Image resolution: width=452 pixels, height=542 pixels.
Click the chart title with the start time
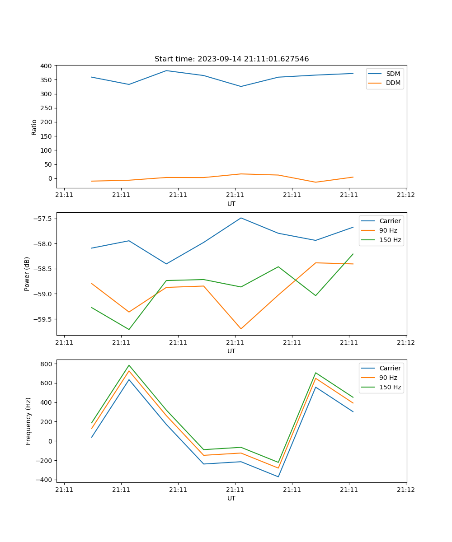coord(231,59)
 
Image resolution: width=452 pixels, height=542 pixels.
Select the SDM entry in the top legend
coord(393,74)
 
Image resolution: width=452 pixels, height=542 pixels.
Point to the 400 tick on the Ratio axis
coord(47,66)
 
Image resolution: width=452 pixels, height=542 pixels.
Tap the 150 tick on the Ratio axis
coord(47,136)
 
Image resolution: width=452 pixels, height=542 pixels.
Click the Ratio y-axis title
coord(34,127)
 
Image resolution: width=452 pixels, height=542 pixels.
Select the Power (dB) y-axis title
coord(27,274)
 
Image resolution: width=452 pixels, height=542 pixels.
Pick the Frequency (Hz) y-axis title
coord(28,421)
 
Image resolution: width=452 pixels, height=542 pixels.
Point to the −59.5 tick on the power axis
coord(43,319)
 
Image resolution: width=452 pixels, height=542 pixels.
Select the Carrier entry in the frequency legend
coord(390,368)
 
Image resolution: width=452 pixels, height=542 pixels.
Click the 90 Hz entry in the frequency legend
coord(388,378)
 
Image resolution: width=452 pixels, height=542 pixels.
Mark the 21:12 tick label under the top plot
coord(405,195)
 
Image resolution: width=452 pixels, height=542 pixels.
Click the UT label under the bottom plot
coord(231,498)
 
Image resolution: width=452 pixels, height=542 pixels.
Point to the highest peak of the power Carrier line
coord(241,218)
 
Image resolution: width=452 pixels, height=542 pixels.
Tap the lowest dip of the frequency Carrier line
coord(278,477)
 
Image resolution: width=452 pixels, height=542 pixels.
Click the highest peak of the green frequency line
coord(129,365)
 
